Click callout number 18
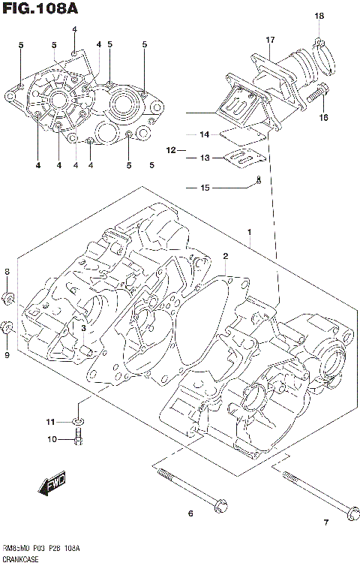[319, 17]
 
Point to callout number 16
[323, 117]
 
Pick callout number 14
[204, 135]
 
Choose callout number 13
[204, 158]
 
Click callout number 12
[171, 150]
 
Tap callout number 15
[204, 188]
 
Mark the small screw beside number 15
[259, 179]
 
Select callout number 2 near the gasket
[224, 257]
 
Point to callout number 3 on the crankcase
[84, 327]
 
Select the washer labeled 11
[78, 421]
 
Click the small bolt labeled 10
[78, 438]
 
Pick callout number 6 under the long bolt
[190, 513]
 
